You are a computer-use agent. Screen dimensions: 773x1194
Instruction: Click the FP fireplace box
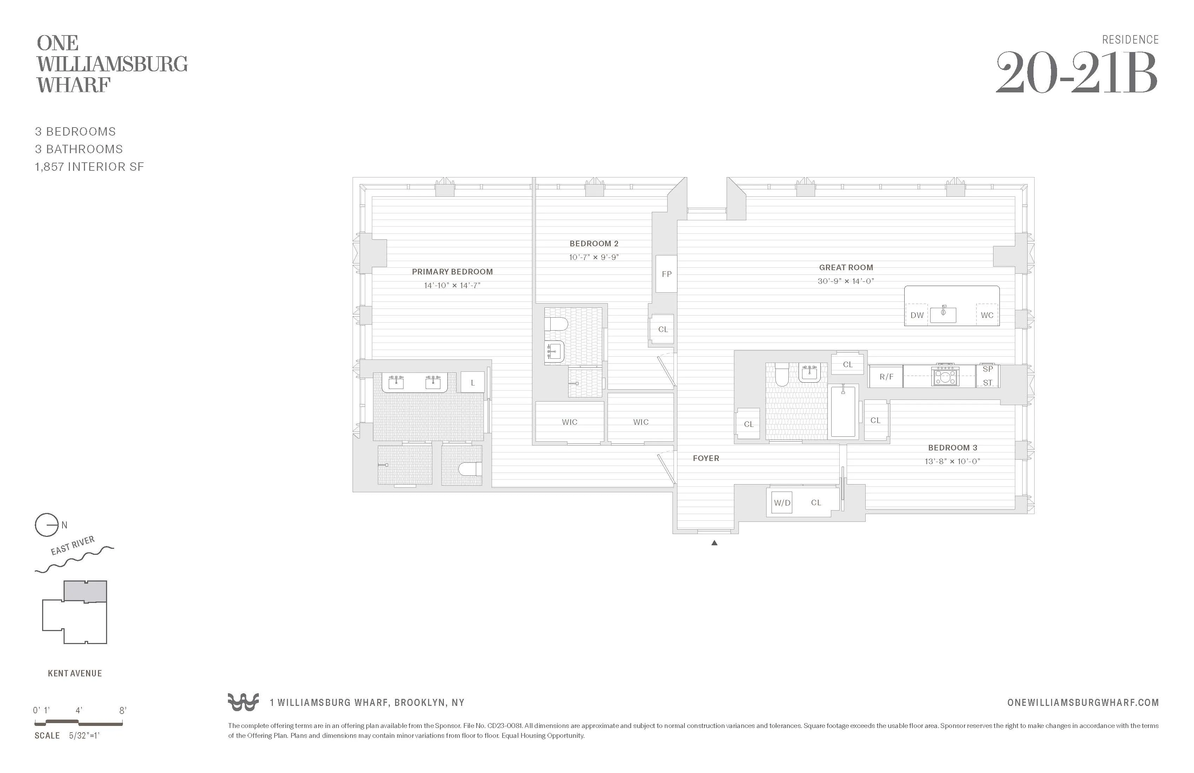pyautogui.click(x=666, y=274)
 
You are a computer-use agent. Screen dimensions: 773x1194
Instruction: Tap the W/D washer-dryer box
pyautogui.click(x=782, y=502)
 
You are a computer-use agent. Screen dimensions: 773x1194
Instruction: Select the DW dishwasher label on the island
pyautogui.click(x=917, y=315)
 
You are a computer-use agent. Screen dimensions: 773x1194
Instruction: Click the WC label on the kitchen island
pyautogui.click(x=987, y=315)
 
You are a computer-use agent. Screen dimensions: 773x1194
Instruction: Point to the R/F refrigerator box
pyautogui.click(x=886, y=376)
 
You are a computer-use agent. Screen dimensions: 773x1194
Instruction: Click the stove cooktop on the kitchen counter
pyautogui.click(x=945, y=376)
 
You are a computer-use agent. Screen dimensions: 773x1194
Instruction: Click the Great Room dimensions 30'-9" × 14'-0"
pyautogui.click(x=846, y=281)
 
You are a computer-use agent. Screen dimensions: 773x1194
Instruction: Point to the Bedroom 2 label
pyautogui.click(x=594, y=243)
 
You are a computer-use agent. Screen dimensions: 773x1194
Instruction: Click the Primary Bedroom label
pyautogui.click(x=452, y=272)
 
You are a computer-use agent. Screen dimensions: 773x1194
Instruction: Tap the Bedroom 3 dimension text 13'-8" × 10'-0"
pyautogui.click(x=952, y=461)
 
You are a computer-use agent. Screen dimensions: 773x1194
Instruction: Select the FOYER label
pyautogui.click(x=706, y=458)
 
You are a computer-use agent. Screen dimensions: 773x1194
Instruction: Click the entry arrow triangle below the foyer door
pyautogui.click(x=714, y=543)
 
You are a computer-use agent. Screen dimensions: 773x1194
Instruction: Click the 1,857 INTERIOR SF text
pyautogui.click(x=89, y=167)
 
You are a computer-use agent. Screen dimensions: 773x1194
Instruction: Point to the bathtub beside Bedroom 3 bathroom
pyautogui.click(x=843, y=411)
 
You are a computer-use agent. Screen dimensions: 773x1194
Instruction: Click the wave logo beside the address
pyautogui.click(x=243, y=702)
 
